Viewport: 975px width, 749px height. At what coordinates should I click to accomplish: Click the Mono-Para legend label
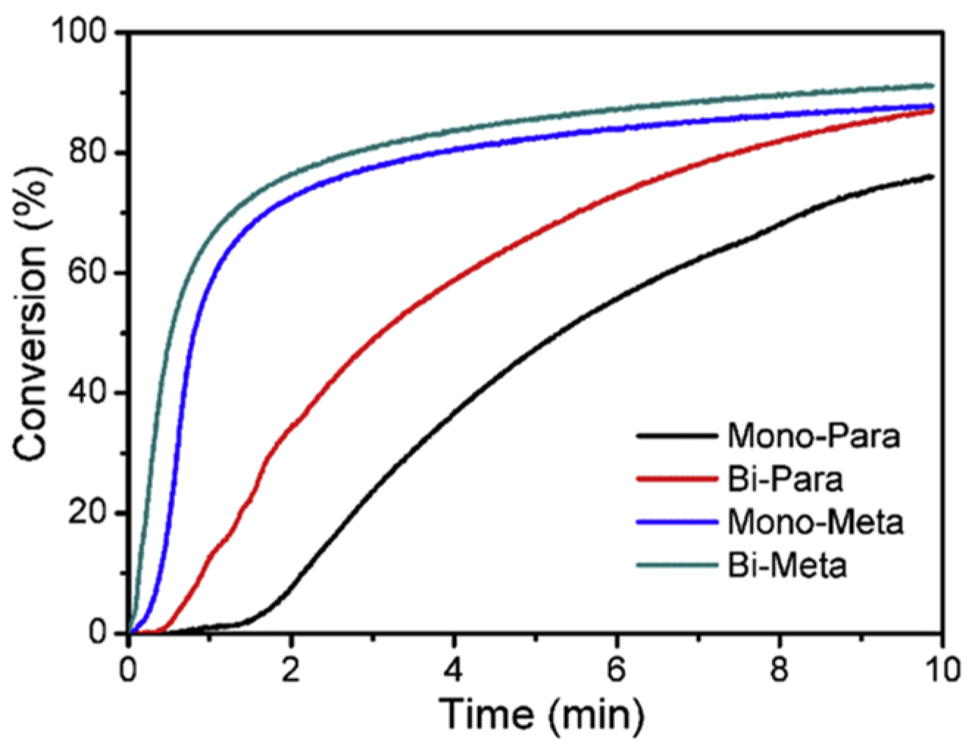point(813,436)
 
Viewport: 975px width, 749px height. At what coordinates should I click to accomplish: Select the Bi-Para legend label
point(785,479)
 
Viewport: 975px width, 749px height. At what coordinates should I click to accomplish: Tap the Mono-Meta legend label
point(815,523)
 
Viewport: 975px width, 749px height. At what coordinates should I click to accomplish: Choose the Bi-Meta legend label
point(787,565)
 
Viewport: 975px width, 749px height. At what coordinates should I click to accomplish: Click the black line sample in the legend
point(676,436)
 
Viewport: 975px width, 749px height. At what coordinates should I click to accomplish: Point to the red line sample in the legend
point(676,479)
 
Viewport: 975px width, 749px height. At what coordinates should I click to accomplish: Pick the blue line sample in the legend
point(676,523)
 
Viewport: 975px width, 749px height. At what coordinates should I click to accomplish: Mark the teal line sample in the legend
point(676,565)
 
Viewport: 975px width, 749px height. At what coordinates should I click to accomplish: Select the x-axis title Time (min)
point(542,714)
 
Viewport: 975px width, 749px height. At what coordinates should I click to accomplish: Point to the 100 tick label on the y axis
point(79,33)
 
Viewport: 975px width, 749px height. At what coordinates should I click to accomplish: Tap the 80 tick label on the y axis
point(88,153)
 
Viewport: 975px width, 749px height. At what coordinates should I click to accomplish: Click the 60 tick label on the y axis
point(88,273)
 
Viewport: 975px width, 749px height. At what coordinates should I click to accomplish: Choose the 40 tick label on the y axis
point(88,393)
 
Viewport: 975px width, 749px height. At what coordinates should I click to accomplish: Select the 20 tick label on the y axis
point(88,513)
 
